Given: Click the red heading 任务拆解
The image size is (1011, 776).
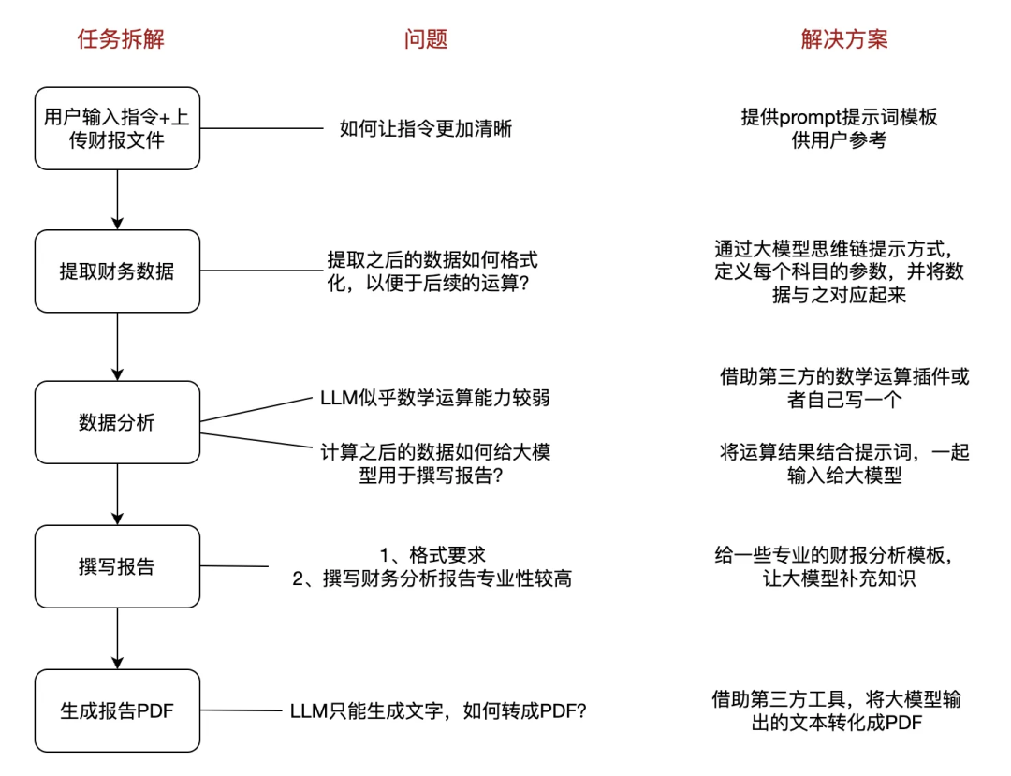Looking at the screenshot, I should [115, 39].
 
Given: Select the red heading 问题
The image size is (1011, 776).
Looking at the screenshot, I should [426, 39].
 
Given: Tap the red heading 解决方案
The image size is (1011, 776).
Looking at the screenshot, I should [844, 39].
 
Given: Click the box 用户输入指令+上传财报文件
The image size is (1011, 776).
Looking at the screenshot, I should [117, 128].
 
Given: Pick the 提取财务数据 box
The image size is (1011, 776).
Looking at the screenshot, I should [117, 271].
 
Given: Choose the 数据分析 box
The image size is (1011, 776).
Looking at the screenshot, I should [117, 422].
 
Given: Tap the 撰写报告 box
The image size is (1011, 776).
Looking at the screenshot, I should [117, 566].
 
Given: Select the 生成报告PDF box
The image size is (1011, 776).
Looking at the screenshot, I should [117, 710].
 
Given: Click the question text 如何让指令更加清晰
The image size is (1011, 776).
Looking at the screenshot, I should [425, 129].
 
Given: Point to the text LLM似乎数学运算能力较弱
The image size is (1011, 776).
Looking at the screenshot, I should [434, 399].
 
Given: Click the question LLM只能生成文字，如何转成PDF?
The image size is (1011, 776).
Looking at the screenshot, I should [438, 710].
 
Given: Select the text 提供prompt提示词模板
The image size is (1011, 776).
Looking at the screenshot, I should [839, 117].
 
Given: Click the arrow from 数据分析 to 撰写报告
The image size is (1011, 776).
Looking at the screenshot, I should [117, 494].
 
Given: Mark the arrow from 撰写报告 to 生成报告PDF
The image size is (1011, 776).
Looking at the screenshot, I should [117, 638].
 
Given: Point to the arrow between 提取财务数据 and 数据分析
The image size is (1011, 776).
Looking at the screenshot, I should [117, 346].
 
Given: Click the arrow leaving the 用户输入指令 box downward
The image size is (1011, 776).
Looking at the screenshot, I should [117, 199].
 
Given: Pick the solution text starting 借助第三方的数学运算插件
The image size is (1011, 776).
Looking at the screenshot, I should [843, 388].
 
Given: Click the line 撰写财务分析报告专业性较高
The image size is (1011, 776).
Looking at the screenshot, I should [432, 579].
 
